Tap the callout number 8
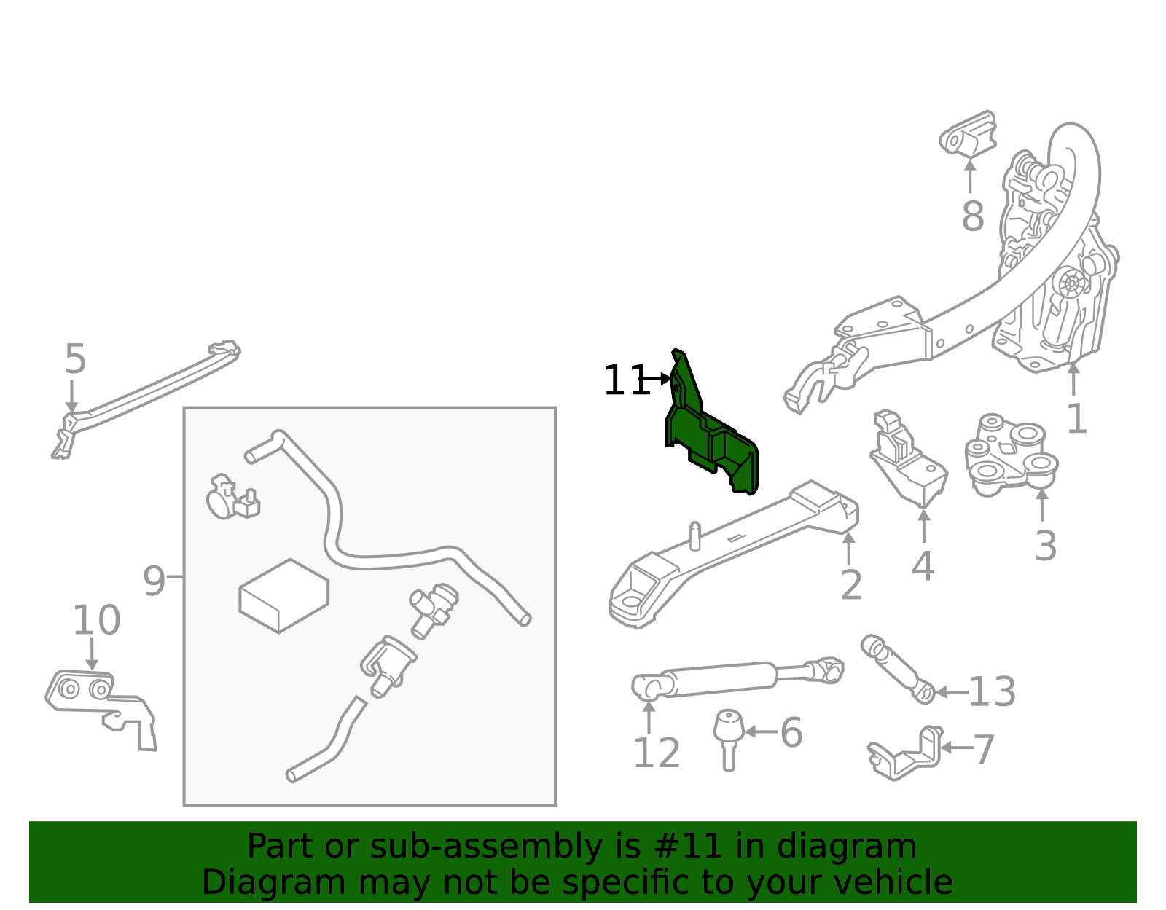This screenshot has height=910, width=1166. pos(973,216)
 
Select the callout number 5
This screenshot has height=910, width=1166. pos(75,358)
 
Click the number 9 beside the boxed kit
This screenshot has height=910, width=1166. pos(154,581)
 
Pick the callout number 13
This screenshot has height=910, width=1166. pos(992,691)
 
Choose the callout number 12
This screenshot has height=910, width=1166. pos(657,753)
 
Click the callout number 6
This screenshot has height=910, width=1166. pos(791,732)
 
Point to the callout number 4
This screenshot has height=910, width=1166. pos(923,565)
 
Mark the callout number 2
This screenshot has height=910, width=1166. pos(852,584)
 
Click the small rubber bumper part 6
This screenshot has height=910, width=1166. pos(729,740)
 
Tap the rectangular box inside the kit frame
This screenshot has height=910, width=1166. pos(284,596)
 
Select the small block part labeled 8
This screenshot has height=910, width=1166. pos(968,133)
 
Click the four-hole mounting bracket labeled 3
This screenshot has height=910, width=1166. pos(1011,455)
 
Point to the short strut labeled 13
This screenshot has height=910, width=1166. pos(898,669)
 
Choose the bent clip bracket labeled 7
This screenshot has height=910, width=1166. pos(905,753)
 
